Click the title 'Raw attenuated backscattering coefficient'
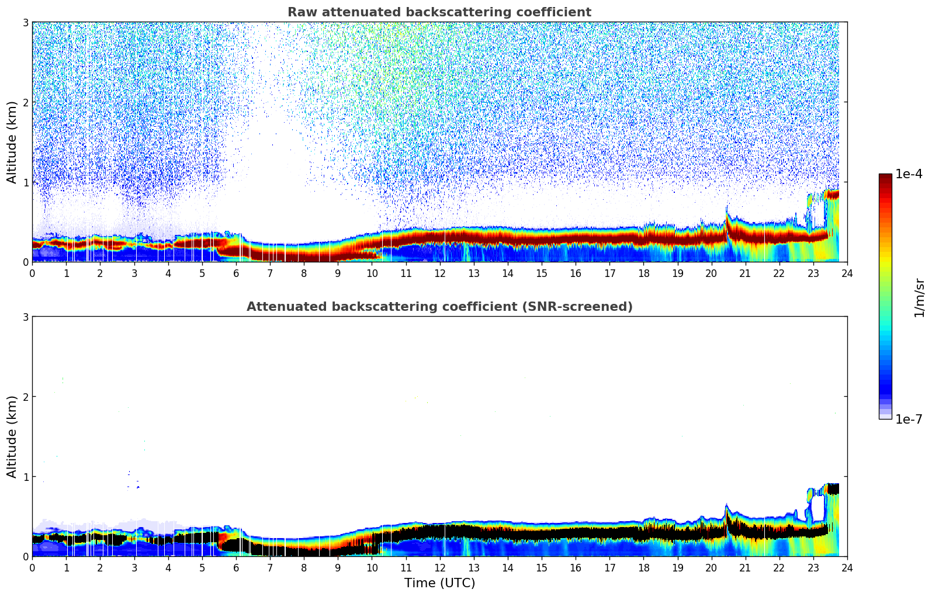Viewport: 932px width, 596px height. coord(439,12)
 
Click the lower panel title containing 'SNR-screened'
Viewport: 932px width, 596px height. coord(439,307)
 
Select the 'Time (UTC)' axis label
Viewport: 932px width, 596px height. coord(439,583)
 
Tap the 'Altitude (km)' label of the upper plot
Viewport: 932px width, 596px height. coord(12,142)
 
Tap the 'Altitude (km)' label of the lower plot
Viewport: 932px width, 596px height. coord(12,436)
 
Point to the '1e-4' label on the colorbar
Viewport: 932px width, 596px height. coord(909,174)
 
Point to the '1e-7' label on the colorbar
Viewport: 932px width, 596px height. coord(909,420)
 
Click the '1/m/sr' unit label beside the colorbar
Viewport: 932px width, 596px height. coord(919,297)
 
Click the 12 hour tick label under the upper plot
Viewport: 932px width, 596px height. coord(439,273)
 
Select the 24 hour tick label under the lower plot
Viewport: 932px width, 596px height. coord(847,568)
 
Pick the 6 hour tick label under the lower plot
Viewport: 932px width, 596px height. coord(236,568)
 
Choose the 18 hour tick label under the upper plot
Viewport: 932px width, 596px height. coord(643,273)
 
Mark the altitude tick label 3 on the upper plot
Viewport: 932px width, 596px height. coord(26,22)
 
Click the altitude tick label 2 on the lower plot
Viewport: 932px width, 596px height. coord(26,397)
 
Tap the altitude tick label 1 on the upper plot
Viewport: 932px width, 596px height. coord(26,182)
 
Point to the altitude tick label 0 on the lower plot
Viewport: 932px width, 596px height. coord(26,557)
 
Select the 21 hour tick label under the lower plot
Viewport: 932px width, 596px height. coord(745,568)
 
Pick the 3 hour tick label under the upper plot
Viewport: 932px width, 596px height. coord(134,273)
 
